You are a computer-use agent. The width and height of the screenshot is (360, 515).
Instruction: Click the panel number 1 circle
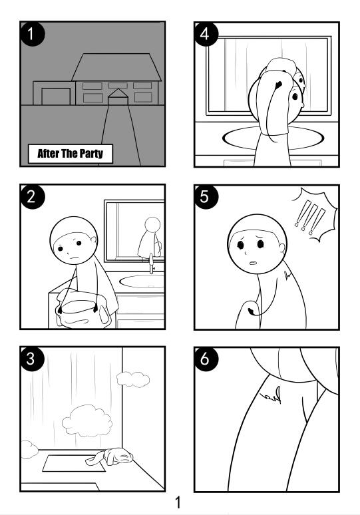point(32,33)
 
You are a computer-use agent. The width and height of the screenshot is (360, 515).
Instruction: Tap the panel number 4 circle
point(206,33)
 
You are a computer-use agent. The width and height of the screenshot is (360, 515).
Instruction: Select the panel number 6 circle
point(206,359)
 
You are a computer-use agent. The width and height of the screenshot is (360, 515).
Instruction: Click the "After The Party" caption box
point(71,154)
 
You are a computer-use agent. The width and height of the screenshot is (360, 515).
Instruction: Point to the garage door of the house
point(56,96)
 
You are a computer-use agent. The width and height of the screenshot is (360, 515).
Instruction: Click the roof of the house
point(116,67)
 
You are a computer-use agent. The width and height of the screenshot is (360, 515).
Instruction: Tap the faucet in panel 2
point(152,263)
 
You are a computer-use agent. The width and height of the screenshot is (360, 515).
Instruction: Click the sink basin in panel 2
point(142,281)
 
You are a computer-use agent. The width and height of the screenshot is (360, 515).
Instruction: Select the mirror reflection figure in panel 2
point(151,238)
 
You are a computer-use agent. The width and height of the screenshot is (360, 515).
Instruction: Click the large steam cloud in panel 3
point(87,421)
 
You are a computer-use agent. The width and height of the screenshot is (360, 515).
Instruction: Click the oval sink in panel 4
point(273,138)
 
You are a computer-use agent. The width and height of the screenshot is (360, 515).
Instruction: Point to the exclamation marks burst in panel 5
point(314,216)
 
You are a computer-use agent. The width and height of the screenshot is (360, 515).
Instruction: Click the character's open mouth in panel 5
point(253,263)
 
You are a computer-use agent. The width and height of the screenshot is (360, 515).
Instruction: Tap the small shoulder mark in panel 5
point(287,275)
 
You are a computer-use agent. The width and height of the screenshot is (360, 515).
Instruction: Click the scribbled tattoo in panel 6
point(271,395)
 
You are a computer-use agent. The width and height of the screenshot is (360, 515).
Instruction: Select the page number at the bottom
point(178,502)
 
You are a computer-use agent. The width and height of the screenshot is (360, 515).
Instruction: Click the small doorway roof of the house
point(118,93)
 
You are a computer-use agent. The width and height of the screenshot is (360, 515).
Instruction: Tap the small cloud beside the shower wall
point(133,379)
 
